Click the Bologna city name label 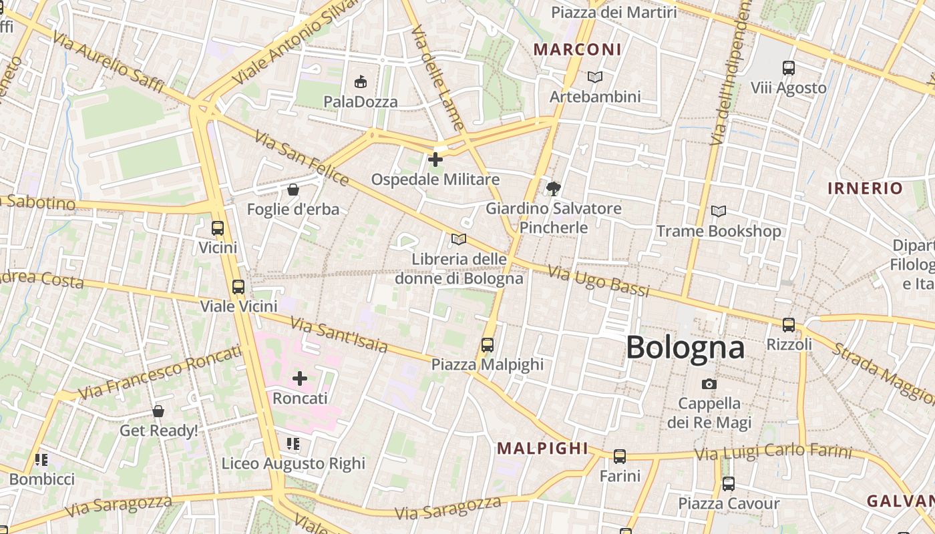tap(685, 348)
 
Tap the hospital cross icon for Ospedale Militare tap(435, 160)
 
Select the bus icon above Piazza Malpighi tap(488, 345)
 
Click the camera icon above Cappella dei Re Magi tap(709, 384)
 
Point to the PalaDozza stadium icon tap(361, 82)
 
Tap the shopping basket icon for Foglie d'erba tap(293, 190)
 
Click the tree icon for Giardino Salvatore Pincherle tap(553, 189)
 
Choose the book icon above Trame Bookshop tap(719, 212)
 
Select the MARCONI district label tap(577, 49)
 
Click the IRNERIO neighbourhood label tap(865, 188)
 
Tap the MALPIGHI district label tap(542, 449)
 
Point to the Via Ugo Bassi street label tap(598, 280)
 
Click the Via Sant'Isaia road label tap(340, 336)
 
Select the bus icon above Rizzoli tap(789, 325)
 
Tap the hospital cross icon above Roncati tap(300, 378)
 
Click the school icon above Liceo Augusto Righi tap(293, 444)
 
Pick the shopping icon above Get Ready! tap(158, 411)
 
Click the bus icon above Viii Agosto tap(789, 67)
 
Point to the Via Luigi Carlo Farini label tap(773, 453)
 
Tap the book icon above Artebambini tap(594, 77)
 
